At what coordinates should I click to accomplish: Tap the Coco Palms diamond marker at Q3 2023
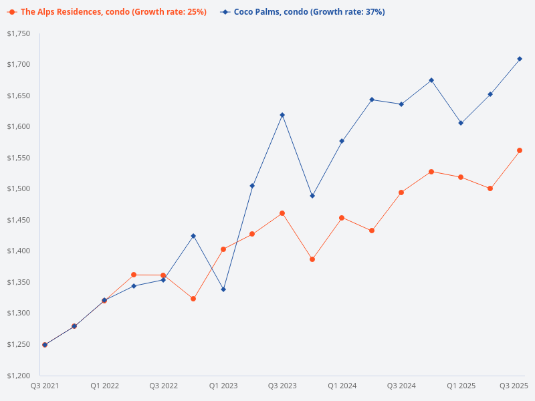282,115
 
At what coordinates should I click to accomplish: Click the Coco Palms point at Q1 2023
223,289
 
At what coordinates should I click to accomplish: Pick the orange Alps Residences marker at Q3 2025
520,150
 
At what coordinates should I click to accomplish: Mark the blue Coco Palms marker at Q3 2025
520,59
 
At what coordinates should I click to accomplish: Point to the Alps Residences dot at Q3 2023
282,213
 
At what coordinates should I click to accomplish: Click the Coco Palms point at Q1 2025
461,123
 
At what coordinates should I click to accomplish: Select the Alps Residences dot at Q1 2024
342,218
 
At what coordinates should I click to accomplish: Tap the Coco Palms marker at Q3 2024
401,104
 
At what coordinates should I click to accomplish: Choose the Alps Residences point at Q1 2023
223,249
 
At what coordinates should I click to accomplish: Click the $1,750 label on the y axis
19,33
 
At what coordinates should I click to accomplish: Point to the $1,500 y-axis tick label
19,188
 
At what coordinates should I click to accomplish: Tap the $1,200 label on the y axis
19,375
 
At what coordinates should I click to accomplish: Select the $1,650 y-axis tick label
19,96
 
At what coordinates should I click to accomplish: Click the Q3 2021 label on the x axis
45,386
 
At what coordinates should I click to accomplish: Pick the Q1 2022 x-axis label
104,386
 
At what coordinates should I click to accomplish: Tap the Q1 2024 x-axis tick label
342,386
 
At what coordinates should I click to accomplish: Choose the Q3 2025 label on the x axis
514,386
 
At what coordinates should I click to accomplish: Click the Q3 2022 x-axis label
163,386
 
